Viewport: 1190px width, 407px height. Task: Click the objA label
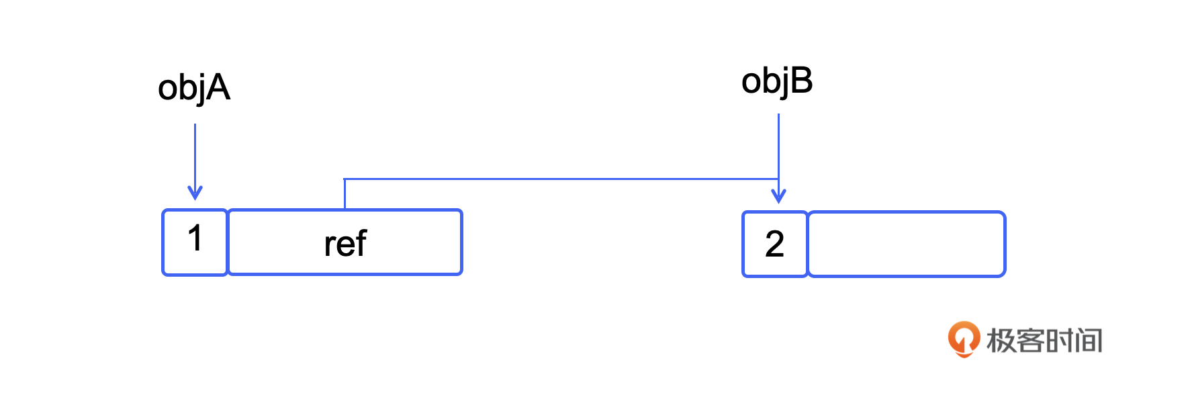tap(194, 89)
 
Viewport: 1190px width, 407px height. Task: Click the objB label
tap(777, 82)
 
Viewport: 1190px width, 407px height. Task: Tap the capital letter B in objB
tap(802, 81)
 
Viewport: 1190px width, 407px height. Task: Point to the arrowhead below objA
tap(195, 193)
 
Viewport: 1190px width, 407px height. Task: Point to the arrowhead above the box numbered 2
tap(778, 196)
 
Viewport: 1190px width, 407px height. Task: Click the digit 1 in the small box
tap(195, 238)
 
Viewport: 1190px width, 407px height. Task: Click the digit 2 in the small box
tap(774, 243)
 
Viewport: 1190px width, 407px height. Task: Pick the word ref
tap(345, 243)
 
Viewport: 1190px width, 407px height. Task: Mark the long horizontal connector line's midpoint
tap(561, 179)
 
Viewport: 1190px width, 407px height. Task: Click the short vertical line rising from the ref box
tap(345, 194)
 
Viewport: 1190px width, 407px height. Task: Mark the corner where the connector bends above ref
tap(345, 179)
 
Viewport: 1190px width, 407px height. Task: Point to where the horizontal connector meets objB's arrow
tap(778, 179)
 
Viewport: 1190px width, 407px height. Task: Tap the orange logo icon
tap(964, 338)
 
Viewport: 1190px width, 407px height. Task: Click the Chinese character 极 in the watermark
tap(1001, 341)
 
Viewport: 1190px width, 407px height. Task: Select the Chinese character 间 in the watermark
tap(1089, 341)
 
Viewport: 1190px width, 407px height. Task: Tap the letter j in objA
tap(199, 90)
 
